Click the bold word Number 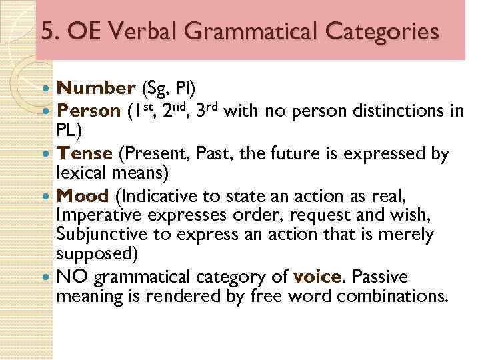pyautogui.click(x=95, y=88)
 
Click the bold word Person pyautogui.click(x=89, y=109)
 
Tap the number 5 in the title pyautogui.click(x=46, y=31)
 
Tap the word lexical pyautogui.click(x=81, y=173)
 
